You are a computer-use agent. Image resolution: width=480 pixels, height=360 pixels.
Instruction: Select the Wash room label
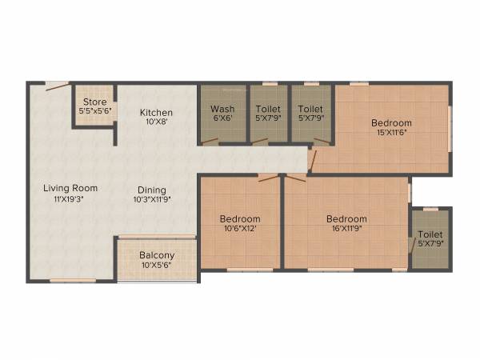tap(222, 109)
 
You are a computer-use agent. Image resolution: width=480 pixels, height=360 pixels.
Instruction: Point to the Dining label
tap(151, 189)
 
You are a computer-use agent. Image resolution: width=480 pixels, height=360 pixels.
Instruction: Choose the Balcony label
tap(156, 255)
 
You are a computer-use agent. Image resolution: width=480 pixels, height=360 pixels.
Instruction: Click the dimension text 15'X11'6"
tap(391, 133)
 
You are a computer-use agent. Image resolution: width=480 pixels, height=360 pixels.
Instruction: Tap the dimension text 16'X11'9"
tap(346, 230)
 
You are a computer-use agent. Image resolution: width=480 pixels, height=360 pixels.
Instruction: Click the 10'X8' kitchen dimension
tap(157, 122)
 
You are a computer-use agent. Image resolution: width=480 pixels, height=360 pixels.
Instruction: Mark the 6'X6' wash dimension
tap(222, 119)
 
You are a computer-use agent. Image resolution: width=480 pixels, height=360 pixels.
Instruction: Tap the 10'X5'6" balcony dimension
tap(156, 266)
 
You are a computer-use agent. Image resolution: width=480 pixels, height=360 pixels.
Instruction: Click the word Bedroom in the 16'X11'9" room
tap(346, 219)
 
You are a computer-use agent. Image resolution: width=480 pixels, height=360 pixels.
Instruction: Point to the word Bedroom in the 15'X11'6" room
tap(391, 122)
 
